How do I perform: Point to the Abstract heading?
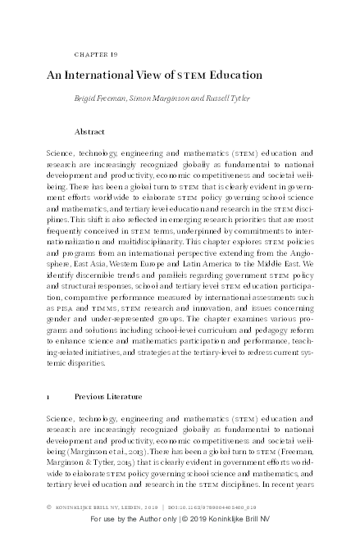pyautogui.click(x=89, y=131)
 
